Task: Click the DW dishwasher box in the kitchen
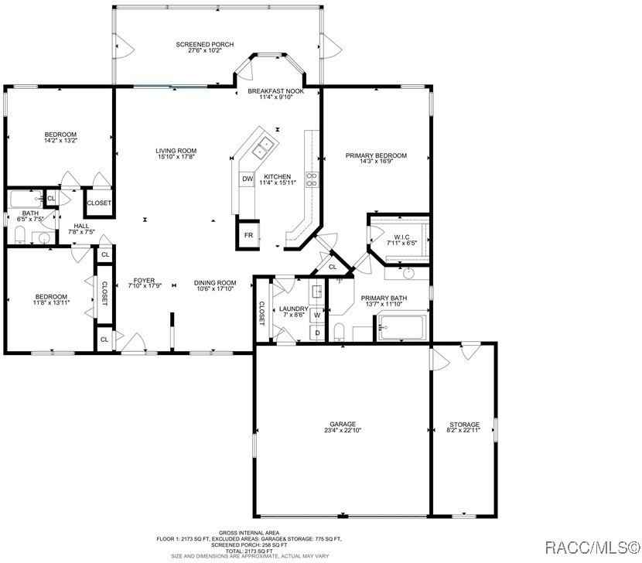pos(248,179)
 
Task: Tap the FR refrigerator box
pos(248,235)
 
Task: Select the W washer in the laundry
pos(316,316)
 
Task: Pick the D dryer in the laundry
pos(316,333)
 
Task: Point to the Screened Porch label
pos(205,45)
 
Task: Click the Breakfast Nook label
pos(275,91)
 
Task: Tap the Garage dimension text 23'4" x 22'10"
pos(343,431)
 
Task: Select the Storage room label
pos(464,425)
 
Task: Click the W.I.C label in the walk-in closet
pos(401,237)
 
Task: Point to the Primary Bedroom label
pos(376,155)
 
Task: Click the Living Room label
pos(176,151)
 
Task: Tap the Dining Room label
pos(215,282)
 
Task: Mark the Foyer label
pos(144,281)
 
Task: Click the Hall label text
pos(81,226)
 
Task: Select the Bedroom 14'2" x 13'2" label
pos(60,135)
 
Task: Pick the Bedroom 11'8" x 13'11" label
pos(51,296)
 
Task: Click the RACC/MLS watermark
pos(591,548)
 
